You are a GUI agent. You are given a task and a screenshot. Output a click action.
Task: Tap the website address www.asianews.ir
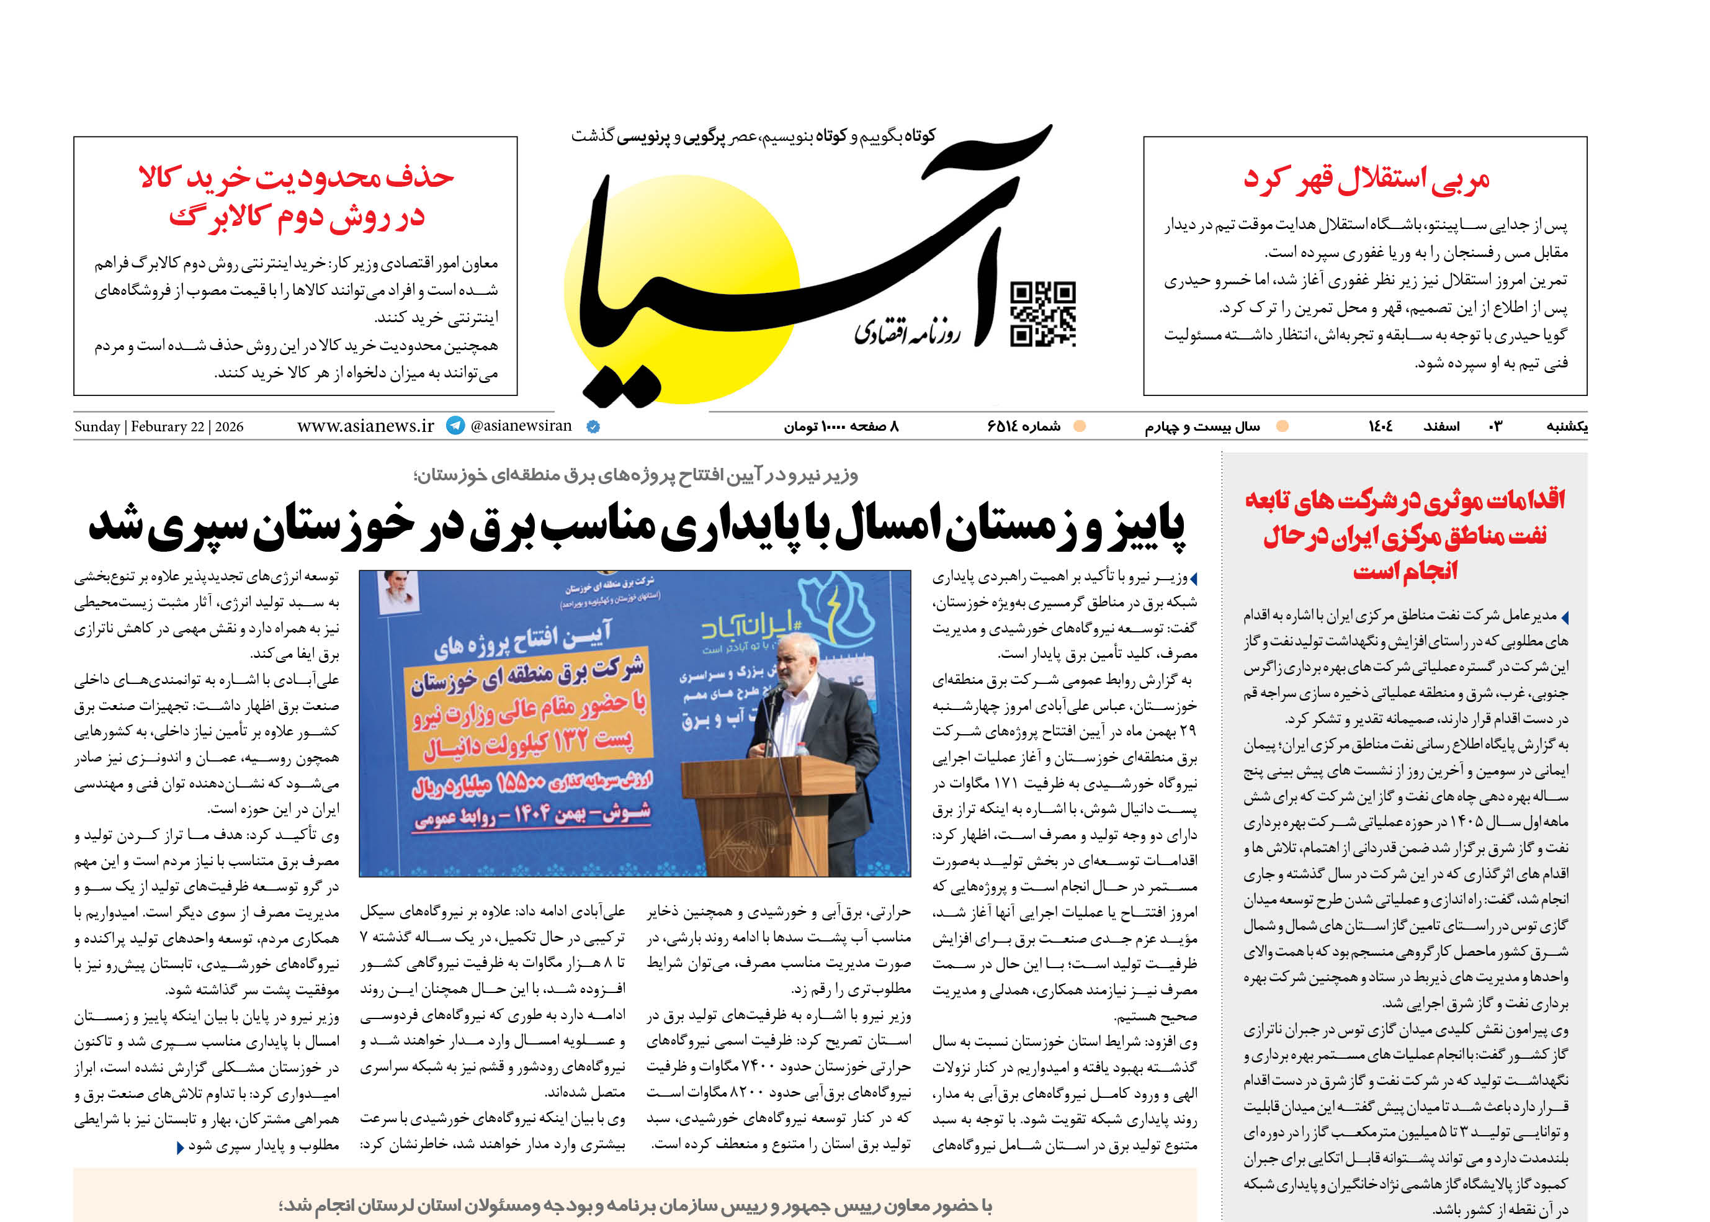point(365,426)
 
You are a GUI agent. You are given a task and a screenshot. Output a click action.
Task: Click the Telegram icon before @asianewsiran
point(455,426)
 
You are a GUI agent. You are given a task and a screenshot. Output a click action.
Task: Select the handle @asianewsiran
point(521,426)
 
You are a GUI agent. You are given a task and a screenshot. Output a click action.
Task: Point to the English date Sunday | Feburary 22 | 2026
point(159,426)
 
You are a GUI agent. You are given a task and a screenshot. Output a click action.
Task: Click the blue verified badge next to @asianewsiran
point(593,426)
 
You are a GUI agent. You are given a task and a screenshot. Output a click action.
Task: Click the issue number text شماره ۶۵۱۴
point(1024,426)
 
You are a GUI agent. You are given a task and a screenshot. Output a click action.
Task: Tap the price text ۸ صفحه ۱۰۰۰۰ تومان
point(841,426)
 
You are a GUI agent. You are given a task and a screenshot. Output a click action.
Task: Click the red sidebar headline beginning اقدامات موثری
point(1405,534)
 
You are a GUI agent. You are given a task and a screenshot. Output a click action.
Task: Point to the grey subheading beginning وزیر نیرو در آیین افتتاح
point(636,475)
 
